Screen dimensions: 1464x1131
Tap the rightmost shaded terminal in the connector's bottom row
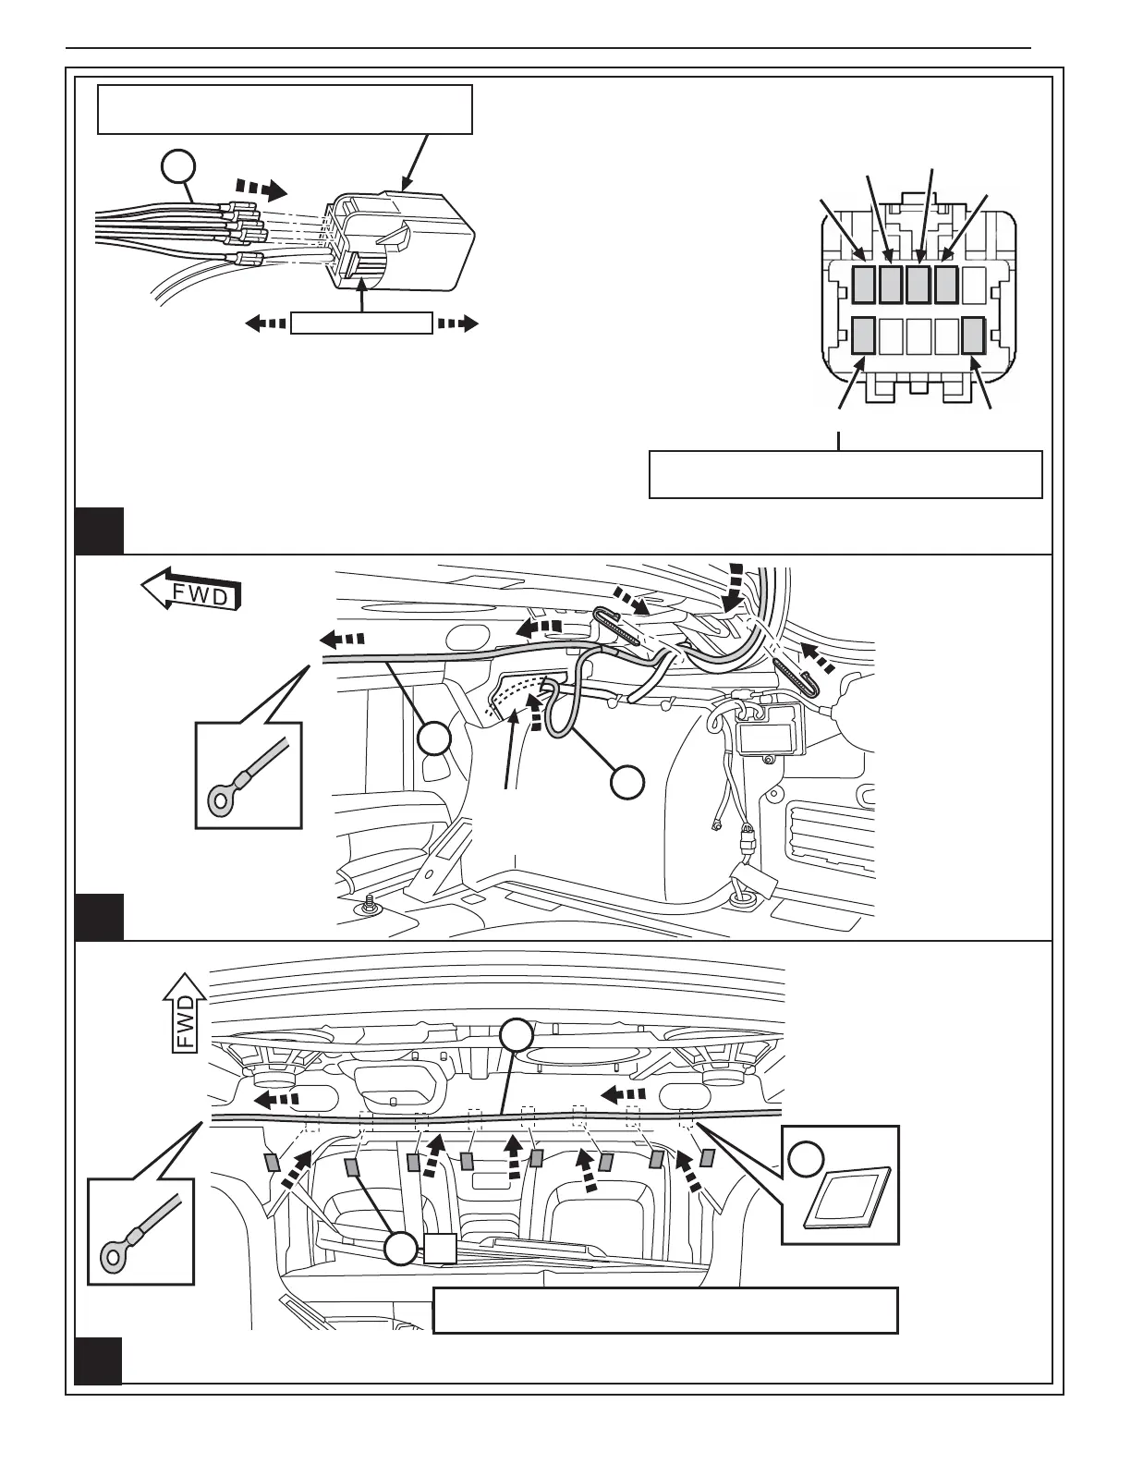tap(973, 335)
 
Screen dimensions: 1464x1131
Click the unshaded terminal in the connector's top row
tap(973, 284)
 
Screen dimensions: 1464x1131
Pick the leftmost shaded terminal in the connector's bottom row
tap(863, 335)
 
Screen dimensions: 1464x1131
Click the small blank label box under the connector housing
tap(361, 323)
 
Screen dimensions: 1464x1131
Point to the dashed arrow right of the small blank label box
tap(457, 323)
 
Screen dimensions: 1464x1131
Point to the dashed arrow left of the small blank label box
tap(265, 323)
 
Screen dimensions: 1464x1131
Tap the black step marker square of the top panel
tap(99, 530)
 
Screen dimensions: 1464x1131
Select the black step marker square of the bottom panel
tap(99, 1360)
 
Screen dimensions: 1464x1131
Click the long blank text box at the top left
tap(285, 109)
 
